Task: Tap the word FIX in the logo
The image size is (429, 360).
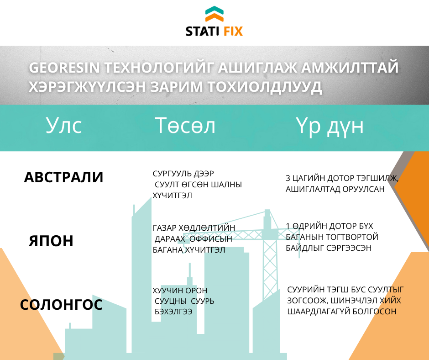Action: pyautogui.click(x=233, y=31)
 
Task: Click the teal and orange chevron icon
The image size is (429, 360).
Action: pyautogui.click(x=214, y=14)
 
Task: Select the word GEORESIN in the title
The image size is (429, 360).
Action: pyautogui.click(x=64, y=68)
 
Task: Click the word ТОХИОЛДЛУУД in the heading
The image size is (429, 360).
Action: pyautogui.click(x=265, y=87)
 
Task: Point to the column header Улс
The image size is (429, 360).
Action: pyautogui.click(x=64, y=126)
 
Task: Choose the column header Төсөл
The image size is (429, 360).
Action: pyautogui.click(x=185, y=126)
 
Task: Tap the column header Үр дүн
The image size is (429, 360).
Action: pyautogui.click(x=330, y=127)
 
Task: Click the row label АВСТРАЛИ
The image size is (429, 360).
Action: pyautogui.click(x=63, y=177)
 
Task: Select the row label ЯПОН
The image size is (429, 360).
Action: pyautogui.click(x=51, y=241)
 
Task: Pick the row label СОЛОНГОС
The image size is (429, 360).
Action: pyautogui.click(x=61, y=304)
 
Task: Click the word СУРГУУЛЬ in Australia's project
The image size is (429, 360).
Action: pyautogui.click(x=172, y=174)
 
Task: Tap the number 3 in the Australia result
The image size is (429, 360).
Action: pyautogui.click(x=288, y=178)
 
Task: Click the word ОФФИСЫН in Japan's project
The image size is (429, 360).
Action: pyautogui.click(x=211, y=239)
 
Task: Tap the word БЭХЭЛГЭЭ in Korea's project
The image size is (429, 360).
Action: pyautogui.click(x=173, y=312)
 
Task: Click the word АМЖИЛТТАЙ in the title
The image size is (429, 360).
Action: pyautogui.click(x=350, y=68)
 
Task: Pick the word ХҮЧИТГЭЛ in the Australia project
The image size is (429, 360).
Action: pyautogui.click(x=172, y=196)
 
